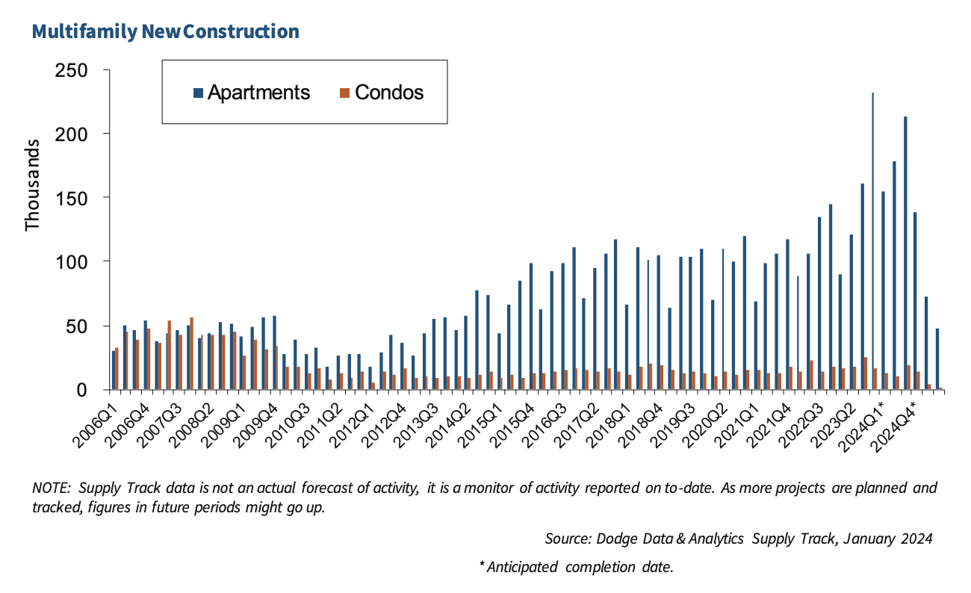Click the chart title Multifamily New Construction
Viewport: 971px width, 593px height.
[165, 31]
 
